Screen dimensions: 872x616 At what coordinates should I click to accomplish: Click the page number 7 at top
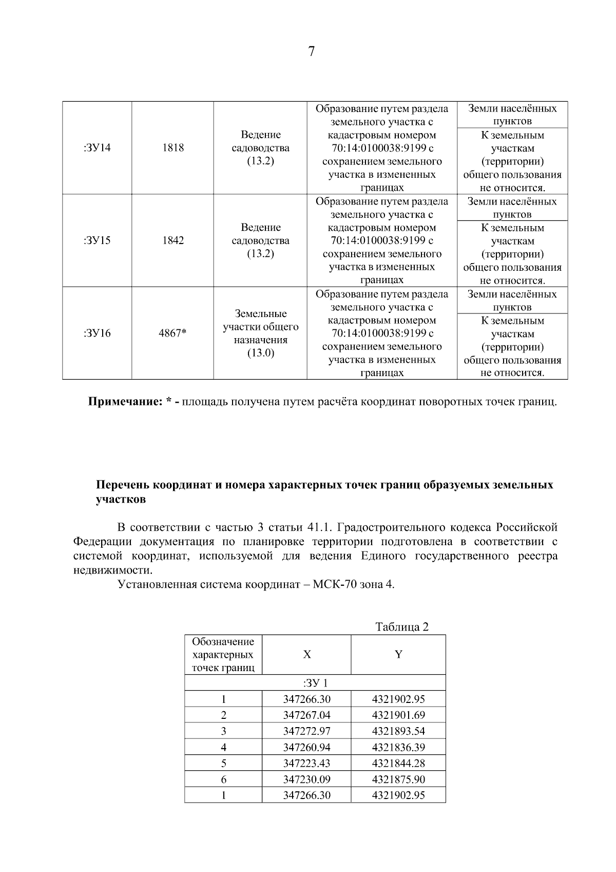coord(311,52)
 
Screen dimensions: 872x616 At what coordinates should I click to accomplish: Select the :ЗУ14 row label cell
coord(97,148)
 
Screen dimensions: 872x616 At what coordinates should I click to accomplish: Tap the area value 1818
coord(172,148)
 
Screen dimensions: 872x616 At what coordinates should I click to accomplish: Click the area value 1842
coord(172,240)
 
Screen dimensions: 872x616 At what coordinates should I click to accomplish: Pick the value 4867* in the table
coord(172,333)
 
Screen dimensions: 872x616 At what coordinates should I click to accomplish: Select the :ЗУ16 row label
coord(97,333)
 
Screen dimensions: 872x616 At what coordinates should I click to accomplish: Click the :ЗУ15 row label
coord(97,240)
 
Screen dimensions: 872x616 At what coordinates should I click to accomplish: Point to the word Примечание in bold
coord(125,401)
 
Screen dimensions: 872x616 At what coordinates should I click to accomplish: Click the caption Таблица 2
coord(401,627)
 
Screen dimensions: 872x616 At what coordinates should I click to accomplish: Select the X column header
coord(306,655)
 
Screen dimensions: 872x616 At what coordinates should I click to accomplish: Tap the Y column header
coord(398,655)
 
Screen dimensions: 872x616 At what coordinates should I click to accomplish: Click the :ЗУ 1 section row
coord(315,683)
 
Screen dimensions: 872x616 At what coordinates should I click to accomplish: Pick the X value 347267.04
coord(306,715)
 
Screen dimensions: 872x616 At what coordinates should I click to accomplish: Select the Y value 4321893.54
coord(398,731)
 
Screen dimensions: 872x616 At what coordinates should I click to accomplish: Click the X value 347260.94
coord(306,747)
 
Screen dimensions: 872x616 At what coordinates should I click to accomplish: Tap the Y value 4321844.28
coord(398,763)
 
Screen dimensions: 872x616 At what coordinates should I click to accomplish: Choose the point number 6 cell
coord(223,780)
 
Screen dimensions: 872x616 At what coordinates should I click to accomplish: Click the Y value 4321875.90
coord(398,780)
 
